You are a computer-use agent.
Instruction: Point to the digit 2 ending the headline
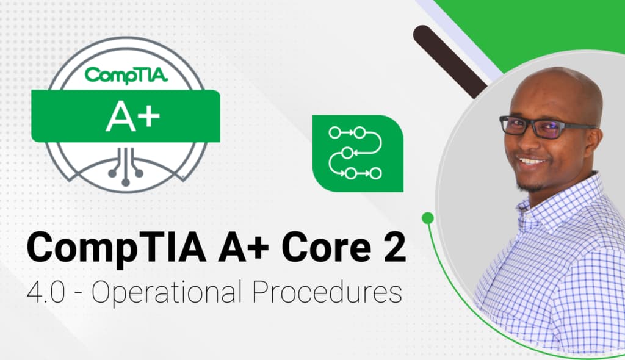pos(392,249)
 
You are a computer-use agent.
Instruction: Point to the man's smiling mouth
pos(530,162)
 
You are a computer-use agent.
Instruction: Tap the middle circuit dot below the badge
pos(125,181)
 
